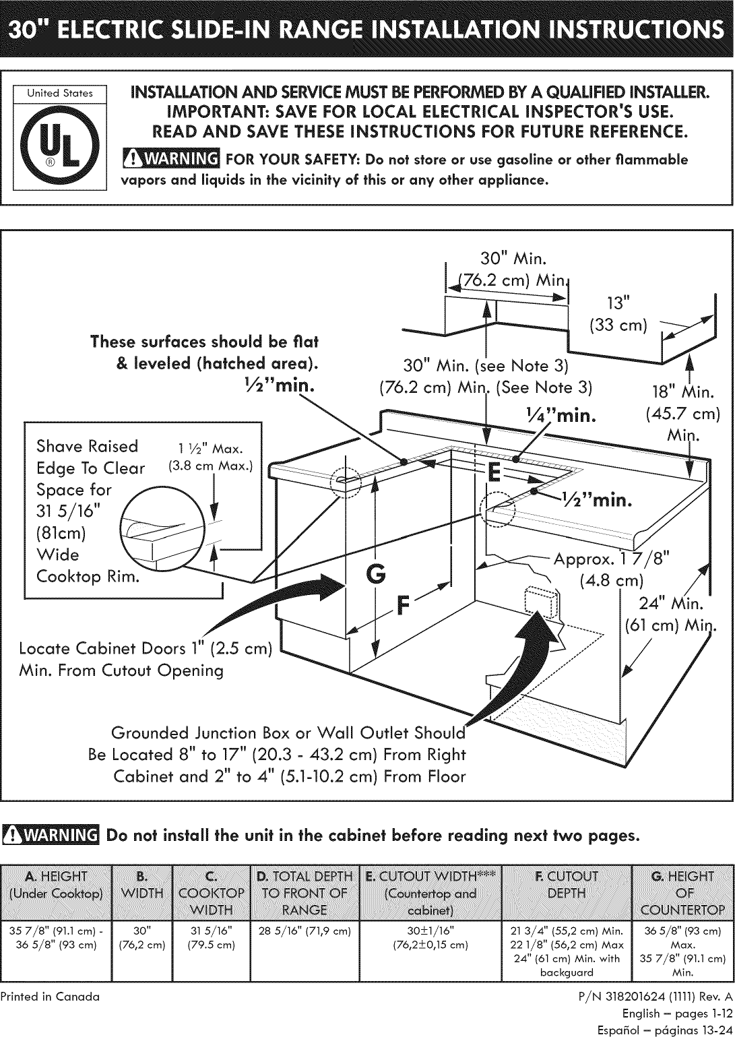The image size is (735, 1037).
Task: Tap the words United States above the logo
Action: click(x=60, y=93)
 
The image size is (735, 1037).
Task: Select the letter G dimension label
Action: click(x=375, y=575)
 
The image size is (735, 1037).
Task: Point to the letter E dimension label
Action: click(x=494, y=472)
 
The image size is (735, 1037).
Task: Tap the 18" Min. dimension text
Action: click(x=683, y=393)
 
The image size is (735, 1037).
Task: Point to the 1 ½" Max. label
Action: click(x=211, y=449)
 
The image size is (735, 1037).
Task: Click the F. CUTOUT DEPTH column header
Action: click(x=567, y=885)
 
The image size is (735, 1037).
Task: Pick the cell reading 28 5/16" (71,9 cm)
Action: click(x=305, y=931)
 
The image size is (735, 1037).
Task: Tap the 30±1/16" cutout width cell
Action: click(x=430, y=931)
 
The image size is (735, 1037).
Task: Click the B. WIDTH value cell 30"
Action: click(x=142, y=931)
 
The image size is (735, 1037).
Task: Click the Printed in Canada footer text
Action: click(x=50, y=997)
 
